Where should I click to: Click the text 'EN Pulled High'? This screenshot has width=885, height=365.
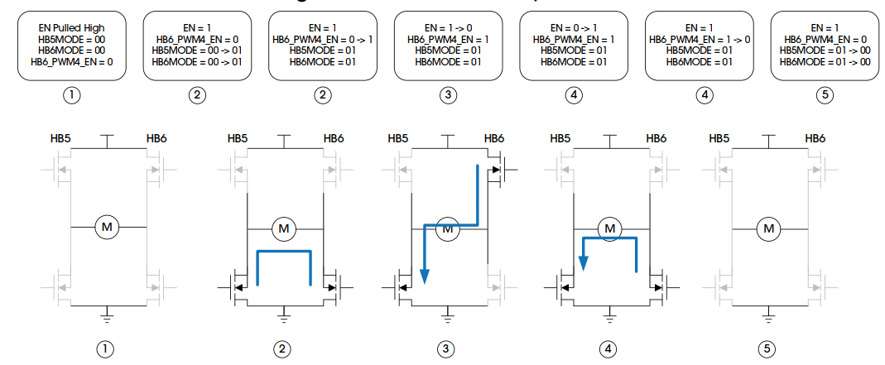coord(72,28)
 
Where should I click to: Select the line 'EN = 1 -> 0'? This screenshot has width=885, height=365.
coord(448,28)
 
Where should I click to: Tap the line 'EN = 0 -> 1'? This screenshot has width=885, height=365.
coord(573,28)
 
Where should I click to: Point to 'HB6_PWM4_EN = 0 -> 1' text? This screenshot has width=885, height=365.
coord(323,39)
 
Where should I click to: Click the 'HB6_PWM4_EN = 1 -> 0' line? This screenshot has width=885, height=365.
coord(700,39)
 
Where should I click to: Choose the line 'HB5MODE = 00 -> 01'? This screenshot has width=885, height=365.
coord(197,50)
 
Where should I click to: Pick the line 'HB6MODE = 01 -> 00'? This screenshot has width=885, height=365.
coord(825,60)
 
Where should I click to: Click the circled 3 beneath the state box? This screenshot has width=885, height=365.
coord(448,95)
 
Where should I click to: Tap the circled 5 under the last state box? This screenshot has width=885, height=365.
coord(825,95)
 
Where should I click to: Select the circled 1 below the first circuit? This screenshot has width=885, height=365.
coord(105,349)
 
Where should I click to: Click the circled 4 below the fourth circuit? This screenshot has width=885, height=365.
coord(609,349)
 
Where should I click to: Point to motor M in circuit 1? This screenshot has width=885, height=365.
coord(107,226)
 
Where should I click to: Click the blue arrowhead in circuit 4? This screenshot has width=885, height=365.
coord(584,262)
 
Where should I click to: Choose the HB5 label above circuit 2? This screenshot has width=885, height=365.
coord(237,138)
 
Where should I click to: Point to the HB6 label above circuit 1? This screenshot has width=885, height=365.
coord(156,138)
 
